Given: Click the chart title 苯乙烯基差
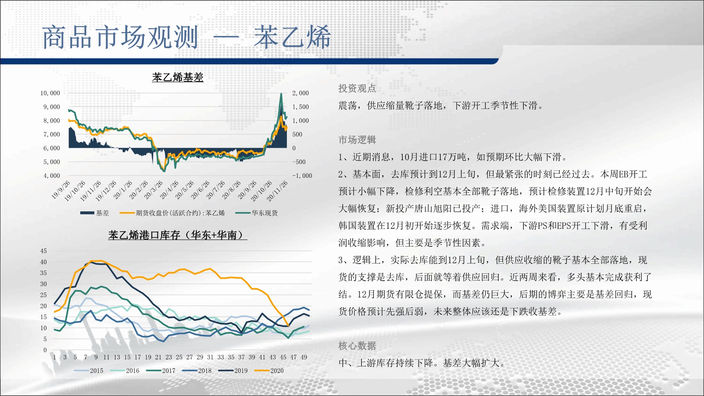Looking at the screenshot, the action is [x=178, y=77].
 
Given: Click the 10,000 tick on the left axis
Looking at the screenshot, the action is [x=50, y=93].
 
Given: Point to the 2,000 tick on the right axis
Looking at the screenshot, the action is [x=300, y=93].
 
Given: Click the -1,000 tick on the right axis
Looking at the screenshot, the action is [x=302, y=176].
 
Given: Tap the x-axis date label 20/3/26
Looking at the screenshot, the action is [x=153, y=189].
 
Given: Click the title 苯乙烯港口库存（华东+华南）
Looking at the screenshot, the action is [x=178, y=235].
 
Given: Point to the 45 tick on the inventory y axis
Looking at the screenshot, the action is [x=43, y=251].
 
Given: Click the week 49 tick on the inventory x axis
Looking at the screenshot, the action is [x=304, y=357].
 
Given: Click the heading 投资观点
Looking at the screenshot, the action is [x=357, y=88].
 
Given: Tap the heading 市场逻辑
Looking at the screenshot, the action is [x=357, y=140].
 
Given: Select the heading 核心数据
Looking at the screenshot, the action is [x=357, y=346].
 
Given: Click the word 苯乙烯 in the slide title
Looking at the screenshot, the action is [x=293, y=37].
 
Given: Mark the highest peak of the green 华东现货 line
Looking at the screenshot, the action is [x=281, y=94].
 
